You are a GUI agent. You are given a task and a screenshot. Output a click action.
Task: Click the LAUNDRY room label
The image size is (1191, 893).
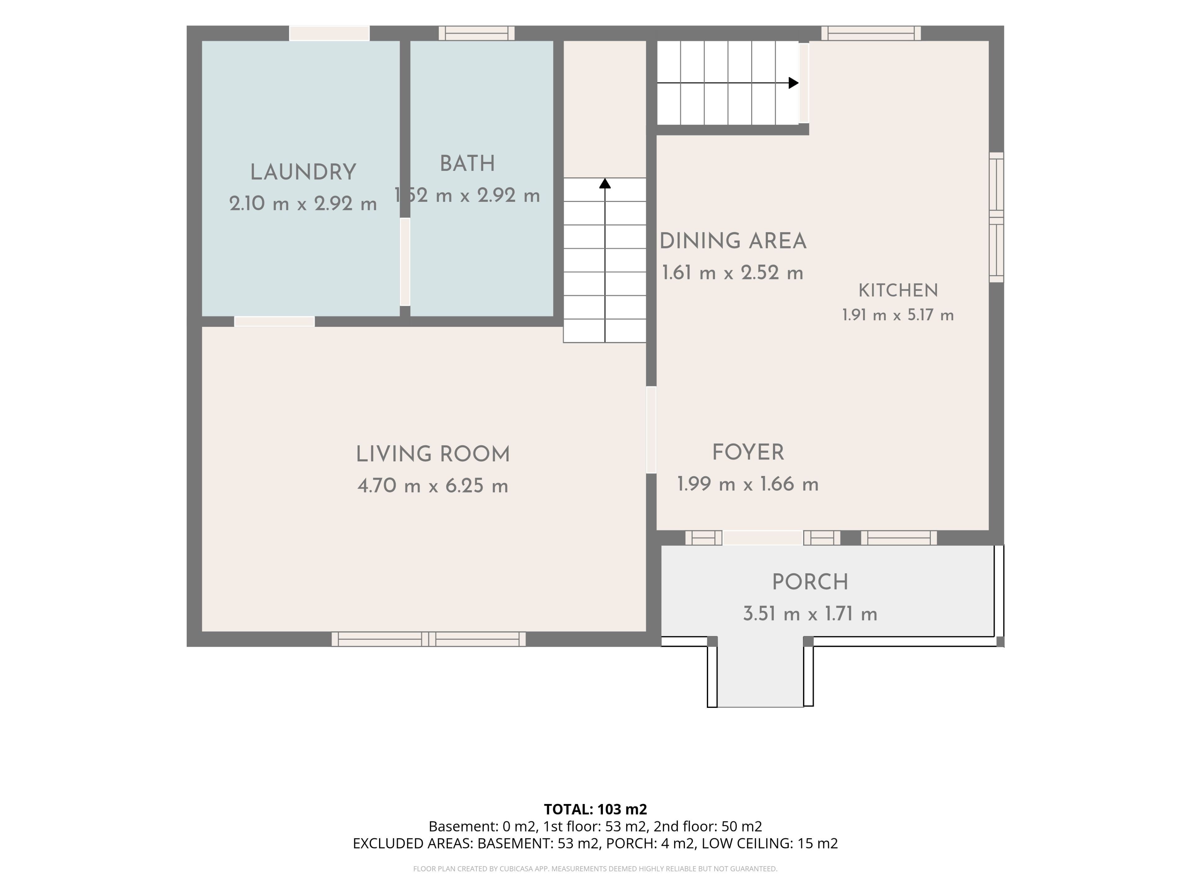point(303,172)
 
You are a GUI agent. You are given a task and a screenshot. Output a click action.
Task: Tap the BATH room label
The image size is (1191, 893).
point(467,164)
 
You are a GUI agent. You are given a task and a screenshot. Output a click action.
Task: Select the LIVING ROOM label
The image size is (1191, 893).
point(433,454)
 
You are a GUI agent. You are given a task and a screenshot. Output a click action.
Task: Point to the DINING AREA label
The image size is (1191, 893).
point(733,241)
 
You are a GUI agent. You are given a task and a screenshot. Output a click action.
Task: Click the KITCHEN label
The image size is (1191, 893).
point(898,291)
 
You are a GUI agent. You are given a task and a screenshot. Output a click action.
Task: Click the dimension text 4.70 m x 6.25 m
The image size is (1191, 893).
point(433,486)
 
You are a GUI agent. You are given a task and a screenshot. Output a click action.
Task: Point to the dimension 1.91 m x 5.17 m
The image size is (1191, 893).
point(898,315)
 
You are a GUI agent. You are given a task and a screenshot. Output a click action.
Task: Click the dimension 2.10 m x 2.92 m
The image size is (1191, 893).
point(303,204)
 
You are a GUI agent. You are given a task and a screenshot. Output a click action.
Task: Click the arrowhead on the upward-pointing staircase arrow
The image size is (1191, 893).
point(605,184)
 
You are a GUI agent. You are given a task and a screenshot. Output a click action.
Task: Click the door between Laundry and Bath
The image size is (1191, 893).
point(405,262)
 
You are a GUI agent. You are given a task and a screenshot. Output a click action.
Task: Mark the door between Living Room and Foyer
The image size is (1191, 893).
point(651,429)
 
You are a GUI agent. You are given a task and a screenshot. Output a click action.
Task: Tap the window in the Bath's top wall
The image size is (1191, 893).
point(476,33)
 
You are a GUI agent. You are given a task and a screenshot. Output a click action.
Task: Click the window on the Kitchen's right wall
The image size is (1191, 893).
point(997,217)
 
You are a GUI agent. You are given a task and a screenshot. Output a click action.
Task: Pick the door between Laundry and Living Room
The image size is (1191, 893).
point(274,321)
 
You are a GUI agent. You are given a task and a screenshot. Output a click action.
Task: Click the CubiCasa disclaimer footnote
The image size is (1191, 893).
point(595,869)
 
